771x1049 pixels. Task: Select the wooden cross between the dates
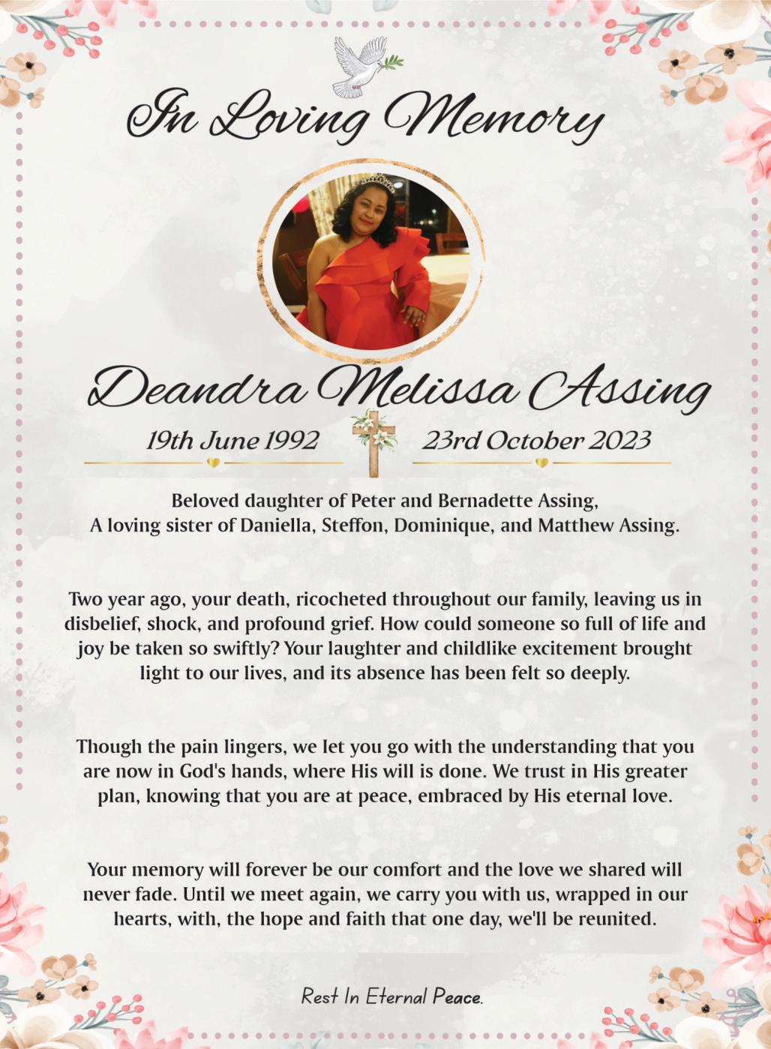pos(373,444)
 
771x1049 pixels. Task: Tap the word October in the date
pos(533,440)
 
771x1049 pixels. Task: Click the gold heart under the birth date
pos(213,463)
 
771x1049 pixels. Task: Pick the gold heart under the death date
pos(541,463)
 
